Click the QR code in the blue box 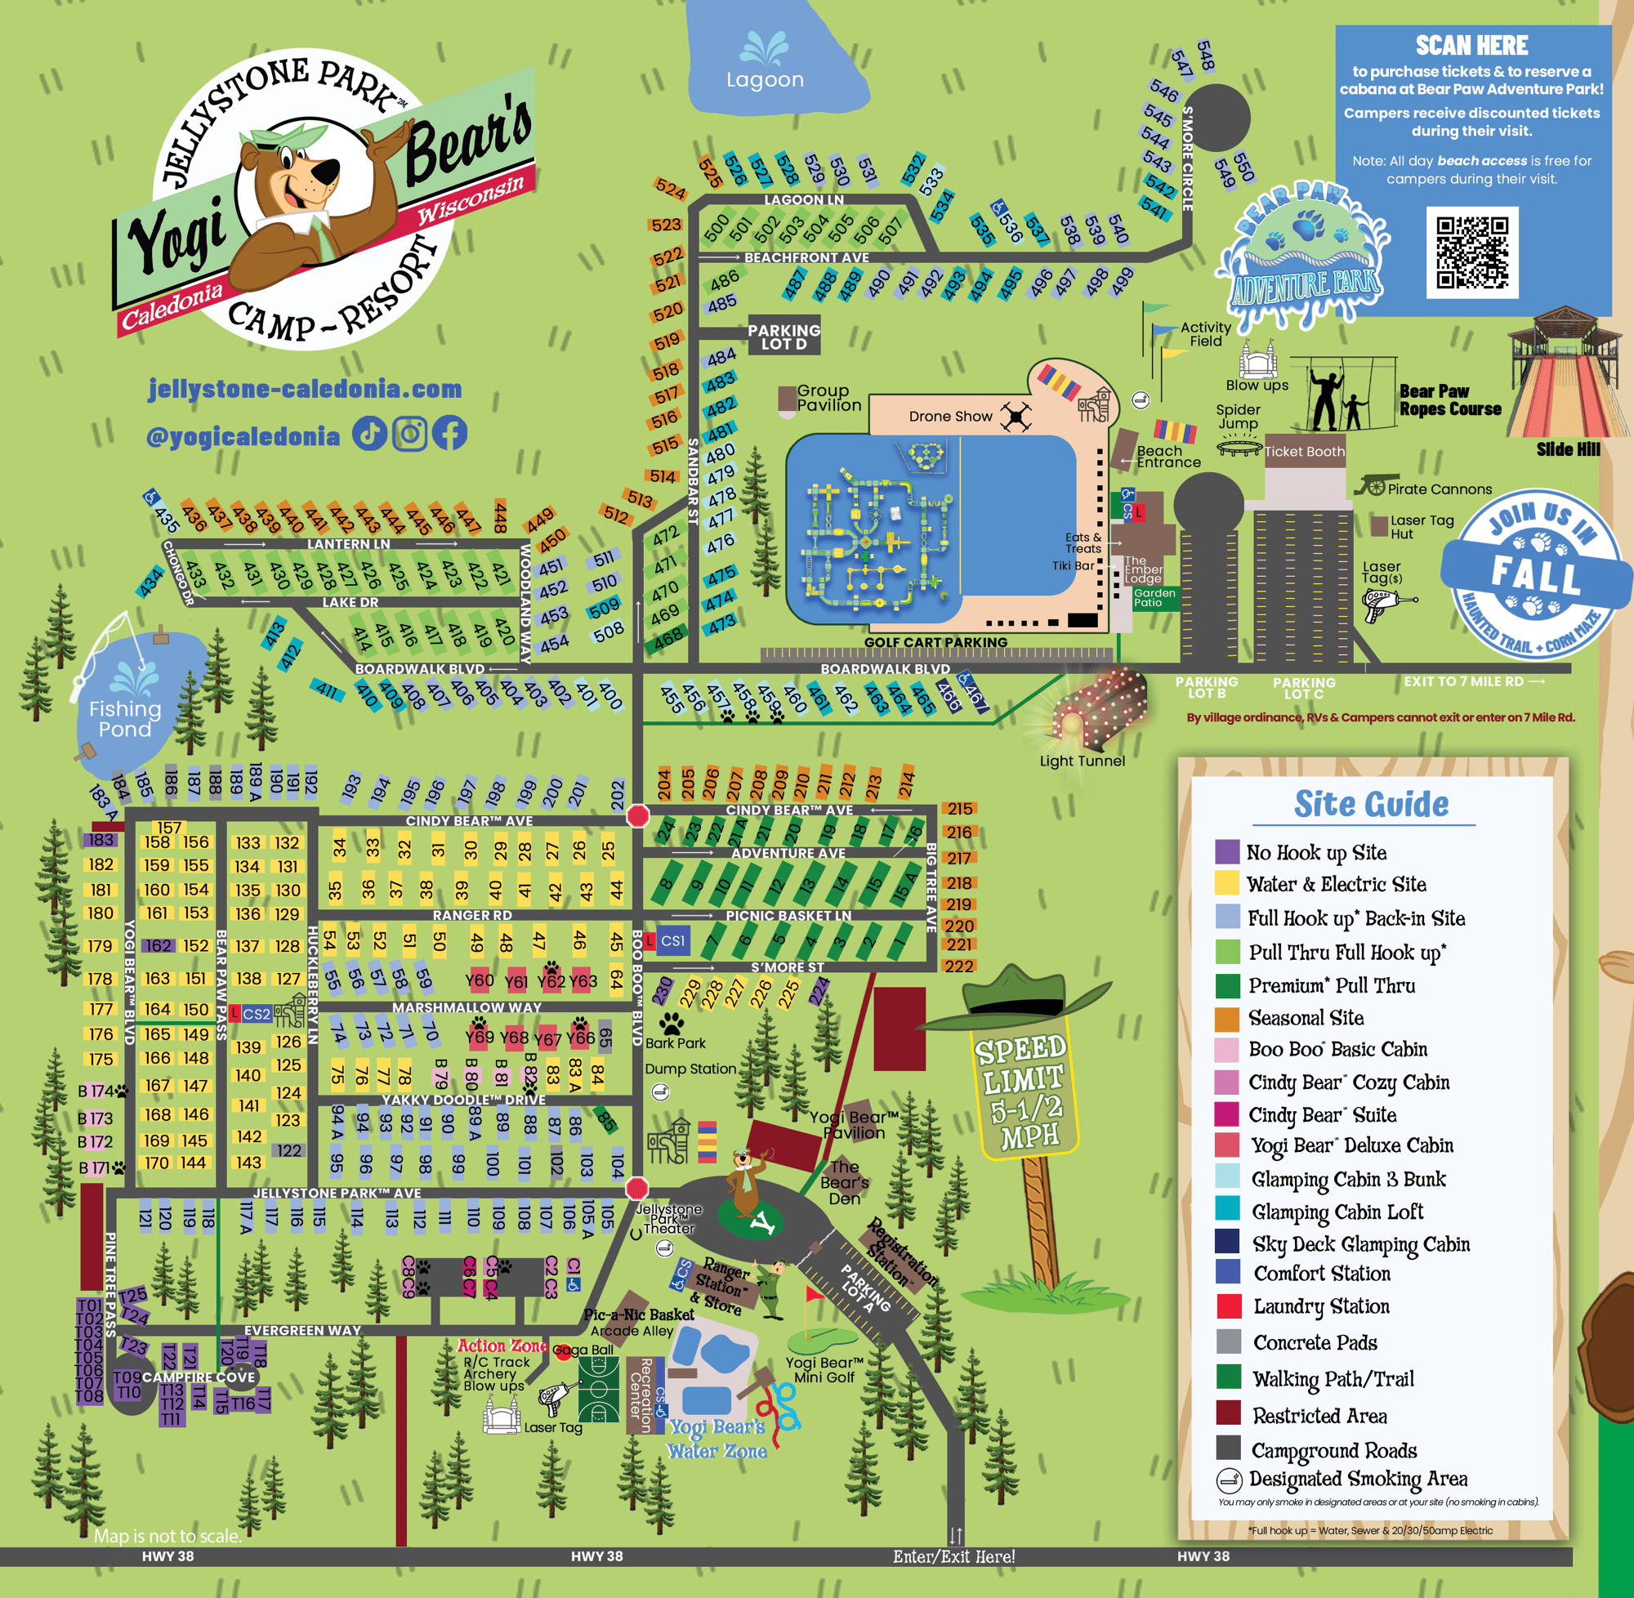1472,252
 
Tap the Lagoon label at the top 765,80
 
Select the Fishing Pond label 125,719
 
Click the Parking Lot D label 784,337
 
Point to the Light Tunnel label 1082,761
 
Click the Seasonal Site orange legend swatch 1227,1019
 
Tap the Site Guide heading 1370,804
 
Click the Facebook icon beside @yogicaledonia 450,434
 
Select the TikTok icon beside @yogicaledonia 369,434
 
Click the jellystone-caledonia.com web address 305,389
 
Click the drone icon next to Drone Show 1016,417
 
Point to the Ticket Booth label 1304,452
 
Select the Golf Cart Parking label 935,642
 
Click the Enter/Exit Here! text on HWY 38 953,1558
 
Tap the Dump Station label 690,1069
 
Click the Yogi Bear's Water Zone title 717,1439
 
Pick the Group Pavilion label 828,398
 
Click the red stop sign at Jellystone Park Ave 637,1189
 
